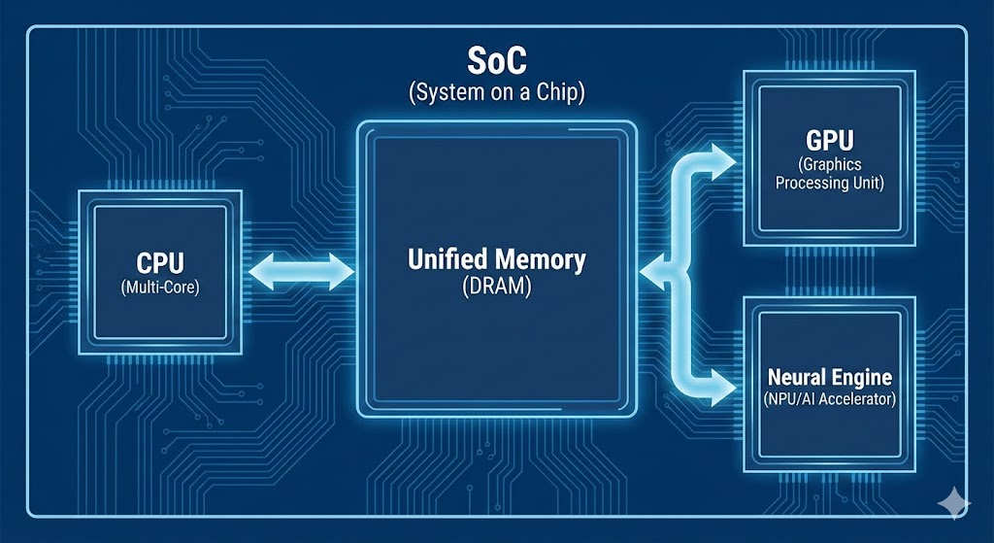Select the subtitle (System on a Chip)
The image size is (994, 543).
(496, 94)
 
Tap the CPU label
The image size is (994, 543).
(159, 263)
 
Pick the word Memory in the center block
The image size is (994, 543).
(542, 260)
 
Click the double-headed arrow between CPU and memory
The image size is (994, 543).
(302, 271)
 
